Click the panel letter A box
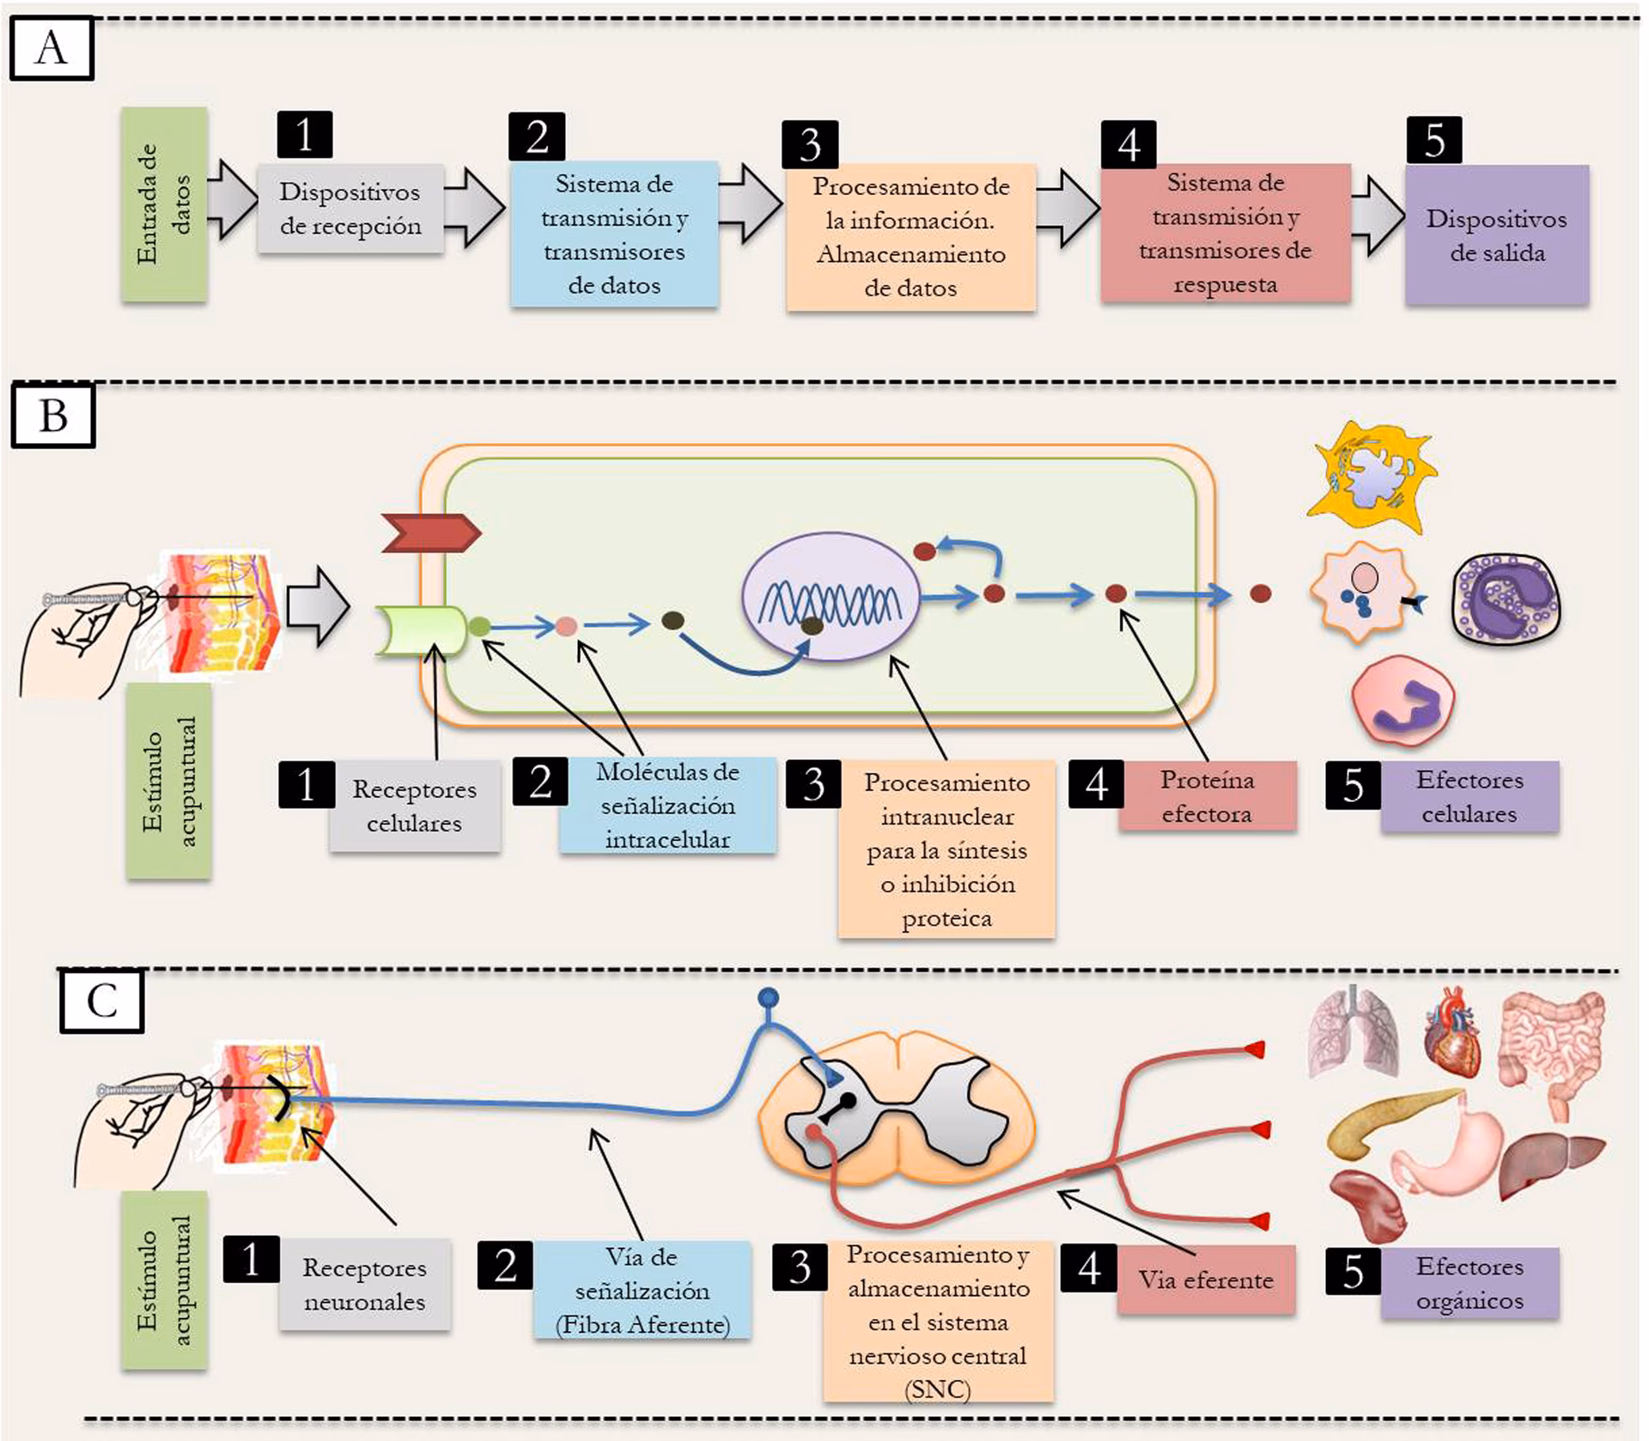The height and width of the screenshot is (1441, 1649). coord(52,49)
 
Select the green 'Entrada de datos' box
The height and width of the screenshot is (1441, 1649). coord(164,204)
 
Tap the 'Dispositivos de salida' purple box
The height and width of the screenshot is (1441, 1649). coord(1496,234)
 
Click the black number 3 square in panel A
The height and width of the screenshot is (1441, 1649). coord(809,144)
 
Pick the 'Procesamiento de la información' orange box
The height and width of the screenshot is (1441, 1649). coord(910,236)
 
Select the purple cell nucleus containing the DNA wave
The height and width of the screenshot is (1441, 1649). coord(831,596)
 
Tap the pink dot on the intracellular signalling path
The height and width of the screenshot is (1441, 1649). coord(566,626)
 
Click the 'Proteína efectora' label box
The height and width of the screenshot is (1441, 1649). coord(1207,796)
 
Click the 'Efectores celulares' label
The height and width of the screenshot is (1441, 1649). coord(1469,796)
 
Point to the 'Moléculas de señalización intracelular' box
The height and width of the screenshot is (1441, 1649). coord(667,805)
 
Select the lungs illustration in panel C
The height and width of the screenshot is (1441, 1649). coord(1351,1030)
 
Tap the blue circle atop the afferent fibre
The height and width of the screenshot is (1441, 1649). coord(768,998)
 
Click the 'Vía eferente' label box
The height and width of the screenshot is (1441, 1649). coord(1205,1280)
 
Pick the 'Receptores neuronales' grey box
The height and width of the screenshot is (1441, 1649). coord(364,1284)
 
